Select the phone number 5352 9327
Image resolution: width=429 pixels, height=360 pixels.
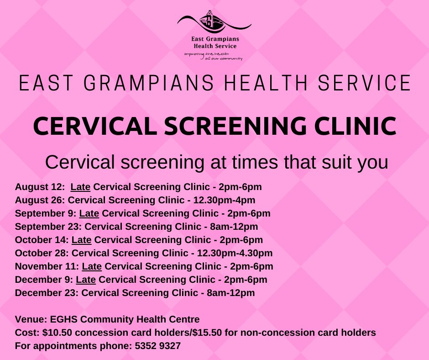(158, 346)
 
